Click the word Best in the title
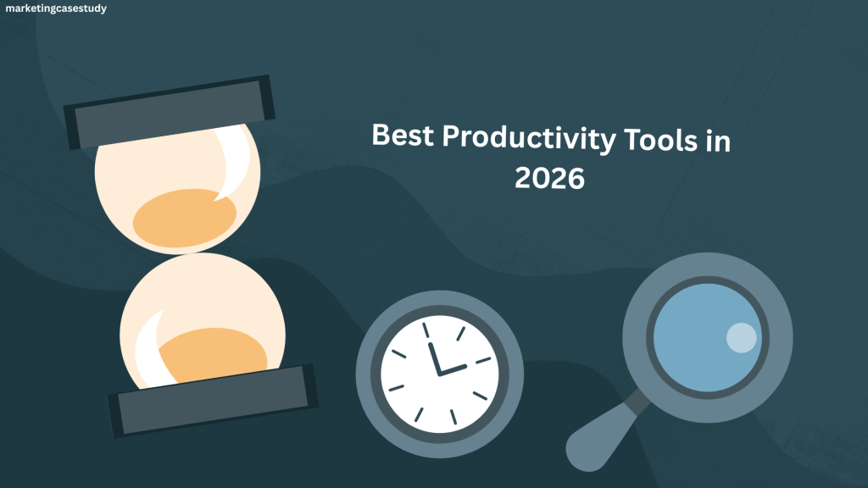[x=403, y=135]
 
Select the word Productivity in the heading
[x=529, y=138]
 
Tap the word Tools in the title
[x=660, y=140]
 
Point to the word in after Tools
[x=718, y=141]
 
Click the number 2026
[x=549, y=178]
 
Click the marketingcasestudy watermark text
[x=56, y=8]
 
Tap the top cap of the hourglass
[x=170, y=113]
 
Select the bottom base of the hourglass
[x=213, y=401]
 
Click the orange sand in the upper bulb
[x=184, y=219]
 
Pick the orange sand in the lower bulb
[x=213, y=354]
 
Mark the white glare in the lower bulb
[x=152, y=348]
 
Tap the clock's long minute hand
[x=434, y=358]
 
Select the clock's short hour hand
[x=453, y=370]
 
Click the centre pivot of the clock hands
[x=440, y=374]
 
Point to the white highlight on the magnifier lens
[x=741, y=337]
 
